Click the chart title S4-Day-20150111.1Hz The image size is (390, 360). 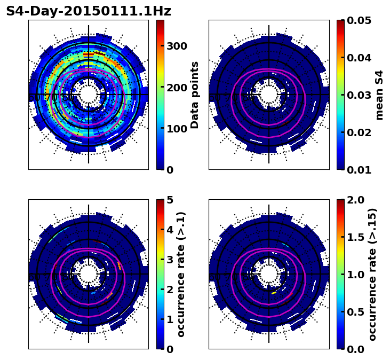point(89,11)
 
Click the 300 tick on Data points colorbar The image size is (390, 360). point(176,46)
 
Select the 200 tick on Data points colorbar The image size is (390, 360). point(176,87)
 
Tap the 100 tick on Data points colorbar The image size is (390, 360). point(176,129)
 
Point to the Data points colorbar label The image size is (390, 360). point(195,95)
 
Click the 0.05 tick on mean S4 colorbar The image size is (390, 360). point(360,20)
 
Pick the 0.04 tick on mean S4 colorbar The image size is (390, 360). point(360,58)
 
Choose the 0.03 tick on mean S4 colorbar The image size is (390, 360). point(360,95)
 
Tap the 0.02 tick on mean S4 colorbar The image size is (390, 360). point(360,132)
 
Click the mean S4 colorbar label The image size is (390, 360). point(379,95)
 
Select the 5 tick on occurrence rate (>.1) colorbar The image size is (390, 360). point(170,200)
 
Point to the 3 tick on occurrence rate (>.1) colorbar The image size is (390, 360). point(170,260)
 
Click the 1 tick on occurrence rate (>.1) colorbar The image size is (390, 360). point(170,319)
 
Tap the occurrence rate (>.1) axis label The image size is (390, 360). point(181,274)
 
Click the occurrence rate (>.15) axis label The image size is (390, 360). point(372,274)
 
